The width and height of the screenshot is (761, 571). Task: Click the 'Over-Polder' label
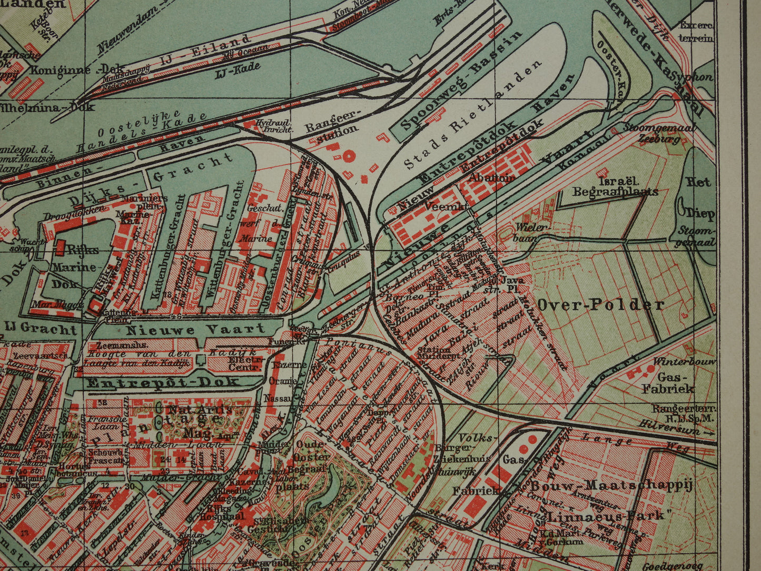click(x=600, y=304)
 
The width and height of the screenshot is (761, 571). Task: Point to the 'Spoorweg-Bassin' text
click(x=461, y=82)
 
